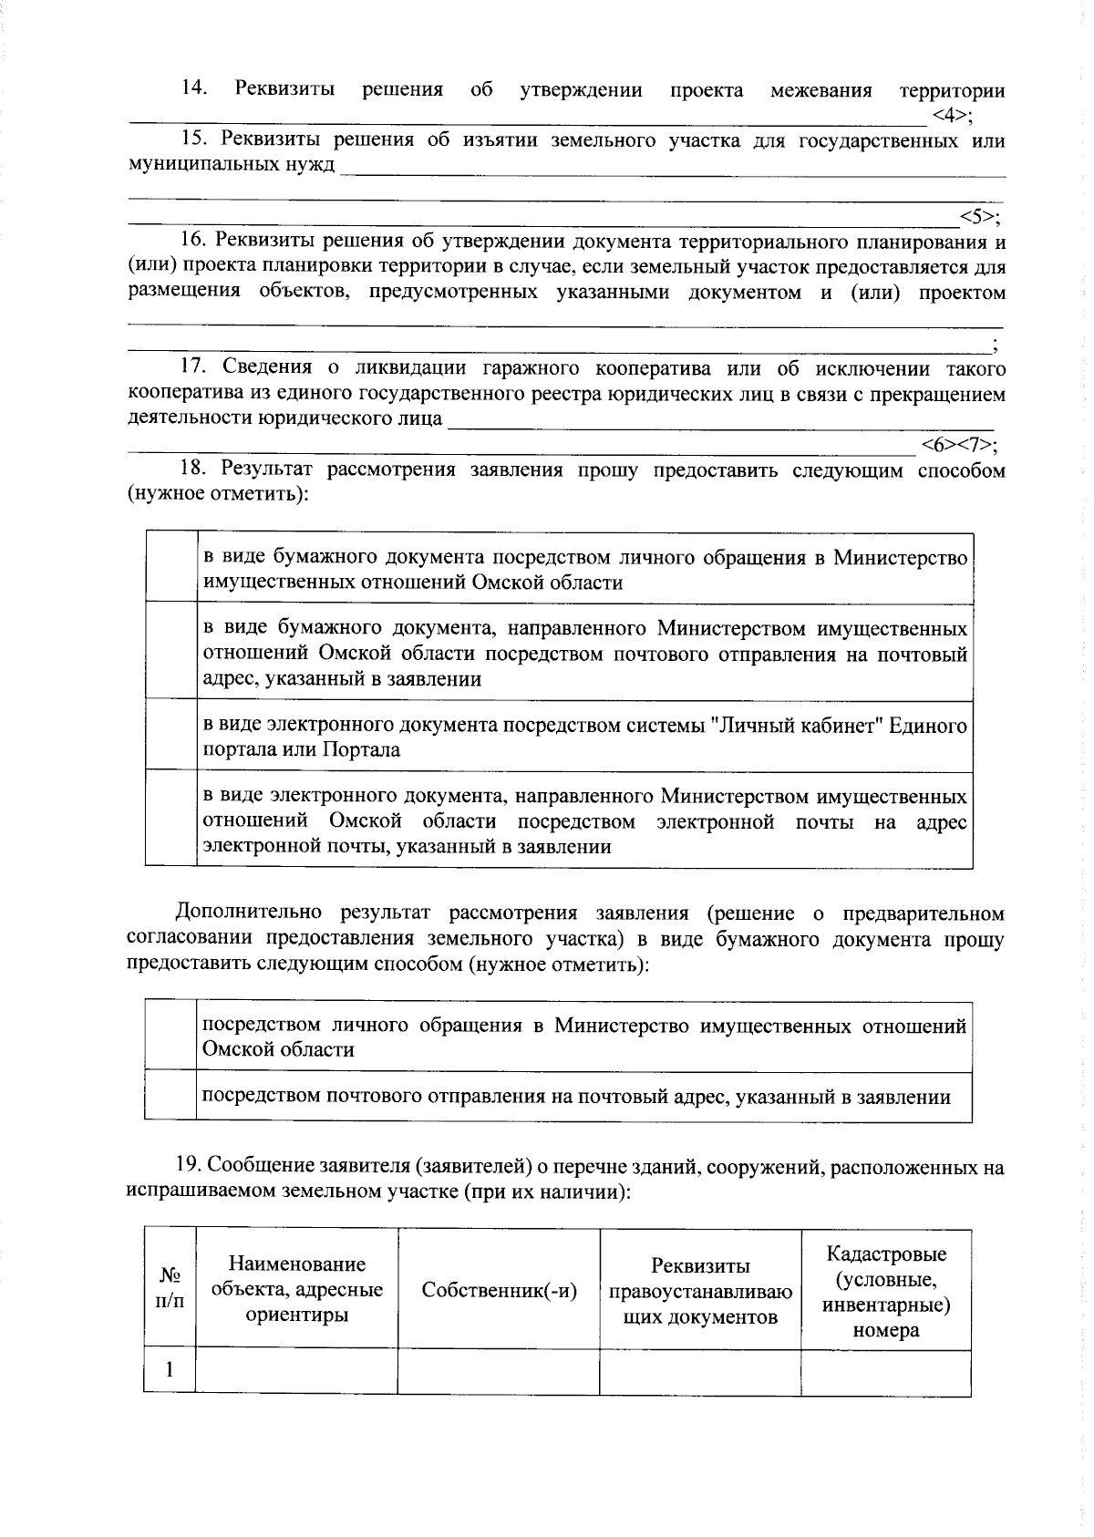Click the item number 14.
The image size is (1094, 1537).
pyautogui.click(x=194, y=89)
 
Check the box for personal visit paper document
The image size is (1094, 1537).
pyautogui.click(x=170, y=568)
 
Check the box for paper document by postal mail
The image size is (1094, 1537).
pyautogui.click(x=170, y=652)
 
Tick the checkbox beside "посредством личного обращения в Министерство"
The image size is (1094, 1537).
pyautogui.click(x=170, y=1037)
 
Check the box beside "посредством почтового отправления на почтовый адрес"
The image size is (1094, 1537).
pyautogui.click(x=170, y=1097)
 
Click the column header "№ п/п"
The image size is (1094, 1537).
pyautogui.click(x=170, y=1289)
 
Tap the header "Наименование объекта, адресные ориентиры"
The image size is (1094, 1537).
pyautogui.click(x=296, y=1289)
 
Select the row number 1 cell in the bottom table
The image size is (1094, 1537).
pyautogui.click(x=170, y=1371)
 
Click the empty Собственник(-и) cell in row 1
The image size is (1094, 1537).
pyautogui.click(x=499, y=1371)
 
